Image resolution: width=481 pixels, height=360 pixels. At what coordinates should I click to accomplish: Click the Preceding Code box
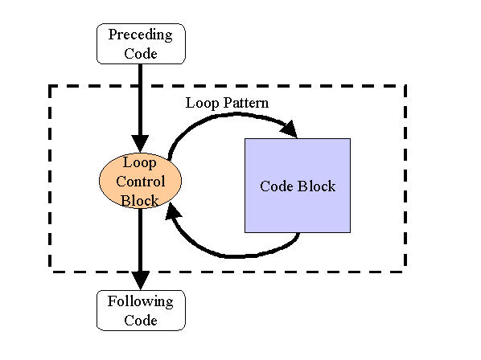[x=141, y=44]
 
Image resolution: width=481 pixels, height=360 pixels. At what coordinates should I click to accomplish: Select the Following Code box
[x=141, y=310]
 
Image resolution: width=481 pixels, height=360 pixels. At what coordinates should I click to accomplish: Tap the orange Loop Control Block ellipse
[x=140, y=181]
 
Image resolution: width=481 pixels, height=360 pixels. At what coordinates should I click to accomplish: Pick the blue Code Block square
[x=298, y=186]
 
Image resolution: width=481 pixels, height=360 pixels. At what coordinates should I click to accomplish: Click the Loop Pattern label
[x=227, y=103]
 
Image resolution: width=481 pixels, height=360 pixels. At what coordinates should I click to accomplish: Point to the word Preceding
[x=141, y=35]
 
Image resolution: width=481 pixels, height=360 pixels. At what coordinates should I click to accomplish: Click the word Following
[x=141, y=302]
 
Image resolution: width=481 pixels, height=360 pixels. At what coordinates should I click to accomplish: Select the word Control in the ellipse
[x=141, y=182]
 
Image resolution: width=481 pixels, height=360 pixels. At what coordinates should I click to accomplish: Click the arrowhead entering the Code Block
[x=290, y=129]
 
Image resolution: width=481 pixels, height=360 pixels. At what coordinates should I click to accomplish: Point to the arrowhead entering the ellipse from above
[x=140, y=144]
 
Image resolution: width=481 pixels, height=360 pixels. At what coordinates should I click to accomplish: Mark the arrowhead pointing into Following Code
[x=141, y=280]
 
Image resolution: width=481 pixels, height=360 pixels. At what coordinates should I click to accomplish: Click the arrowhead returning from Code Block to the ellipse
[x=172, y=211]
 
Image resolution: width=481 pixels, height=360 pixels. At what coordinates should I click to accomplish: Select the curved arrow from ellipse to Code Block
[x=233, y=115]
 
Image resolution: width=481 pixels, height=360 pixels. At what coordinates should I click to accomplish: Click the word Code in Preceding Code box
[x=141, y=54]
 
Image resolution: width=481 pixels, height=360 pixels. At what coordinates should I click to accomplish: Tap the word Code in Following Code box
[x=141, y=321]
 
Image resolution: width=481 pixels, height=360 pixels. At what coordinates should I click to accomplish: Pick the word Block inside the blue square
[x=317, y=186]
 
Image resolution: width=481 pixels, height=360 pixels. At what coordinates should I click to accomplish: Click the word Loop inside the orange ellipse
[x=140, y=162]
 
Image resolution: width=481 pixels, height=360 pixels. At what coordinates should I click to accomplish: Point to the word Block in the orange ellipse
[x=140, y=201]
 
